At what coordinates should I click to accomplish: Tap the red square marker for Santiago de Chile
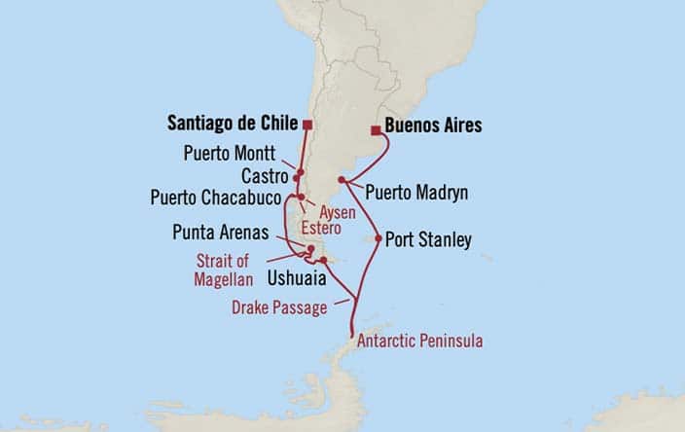pyautogui.click(x=307, y=125)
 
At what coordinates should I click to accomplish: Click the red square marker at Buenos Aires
pyautogui.click(x=376, y=128)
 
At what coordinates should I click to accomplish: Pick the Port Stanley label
pyautogui.click(x=429, y=238)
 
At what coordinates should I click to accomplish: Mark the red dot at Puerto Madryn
pyautogui.click(x=341, y=180)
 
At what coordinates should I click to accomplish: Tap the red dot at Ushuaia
pyautogui.click(x=322, y=260)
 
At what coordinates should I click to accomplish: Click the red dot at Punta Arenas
pyautogui.click(x=310, y=250)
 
